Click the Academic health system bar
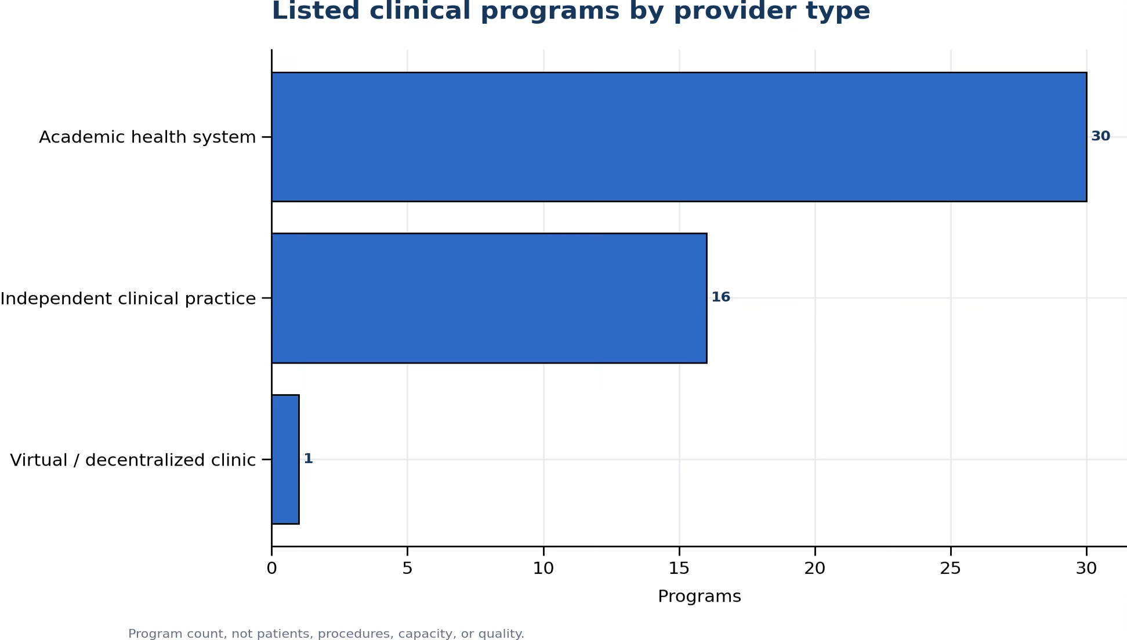coord(679,137)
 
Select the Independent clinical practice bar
coord(489,298)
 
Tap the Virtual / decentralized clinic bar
coord(285,459)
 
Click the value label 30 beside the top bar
coord(1100,136)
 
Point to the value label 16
coord(720,297)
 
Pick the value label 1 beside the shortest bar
coord(309,459)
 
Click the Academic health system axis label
coord(147,137)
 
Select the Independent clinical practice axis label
coord(128,299)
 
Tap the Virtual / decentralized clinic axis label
coord(133,460)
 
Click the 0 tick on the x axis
coord(271,569)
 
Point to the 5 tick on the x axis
coord(407,569)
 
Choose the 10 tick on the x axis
coord(543,569)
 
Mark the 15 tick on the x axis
coord(679,569)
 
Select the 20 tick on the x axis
coord(815,569)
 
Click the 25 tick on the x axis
coord(951,569)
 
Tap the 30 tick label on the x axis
coord(1086,569)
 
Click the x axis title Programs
coord(700,597)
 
